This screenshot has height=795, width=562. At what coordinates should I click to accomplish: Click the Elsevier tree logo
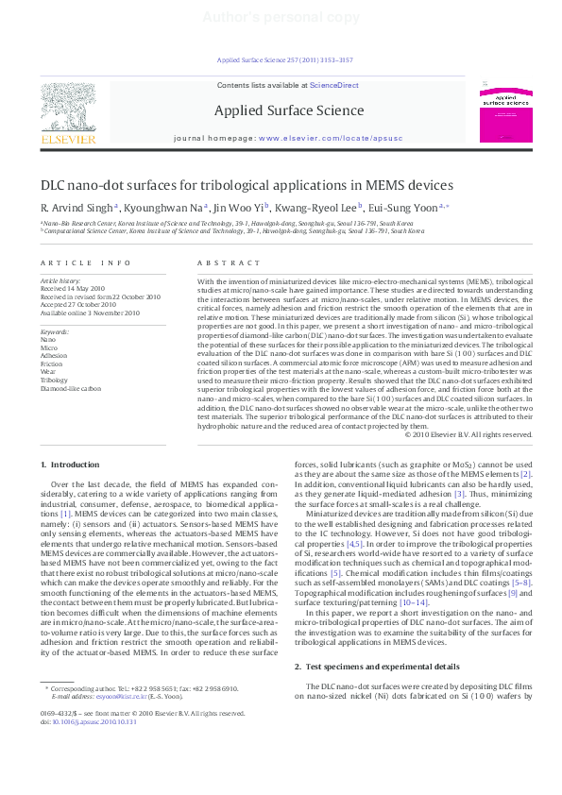pos(67,108)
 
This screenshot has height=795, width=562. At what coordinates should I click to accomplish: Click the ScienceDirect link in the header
pos(334,85)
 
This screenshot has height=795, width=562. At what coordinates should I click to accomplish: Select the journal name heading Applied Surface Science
pos(289,110)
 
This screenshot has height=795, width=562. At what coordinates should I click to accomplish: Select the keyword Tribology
pos(55,380)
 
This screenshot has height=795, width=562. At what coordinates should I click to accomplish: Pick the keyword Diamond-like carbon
pos(71,388)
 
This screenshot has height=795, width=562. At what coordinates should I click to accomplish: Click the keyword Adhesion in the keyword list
pos(55,355)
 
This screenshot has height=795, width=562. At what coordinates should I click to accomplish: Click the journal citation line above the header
pos(284,59)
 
